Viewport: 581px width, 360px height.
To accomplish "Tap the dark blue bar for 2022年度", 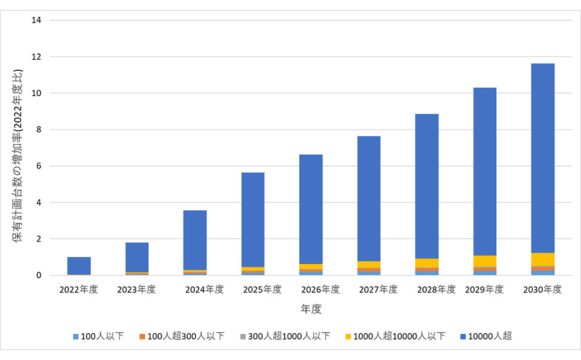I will click(x=79, y=265).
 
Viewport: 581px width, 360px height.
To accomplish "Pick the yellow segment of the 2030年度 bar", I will click(x=543, y=259).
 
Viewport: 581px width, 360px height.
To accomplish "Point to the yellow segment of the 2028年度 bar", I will click(x=427, y=262).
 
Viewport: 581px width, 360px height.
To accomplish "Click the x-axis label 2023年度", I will click(x=137, y=289).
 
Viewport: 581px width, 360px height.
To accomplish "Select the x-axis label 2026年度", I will click(x=311, y=289).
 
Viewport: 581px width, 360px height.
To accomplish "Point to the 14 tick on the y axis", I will click(x=38, y=20).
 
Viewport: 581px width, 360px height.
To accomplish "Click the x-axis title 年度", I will click(x=311, y=309).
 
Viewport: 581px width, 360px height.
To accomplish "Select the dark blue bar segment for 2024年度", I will click(x=195, y=240).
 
